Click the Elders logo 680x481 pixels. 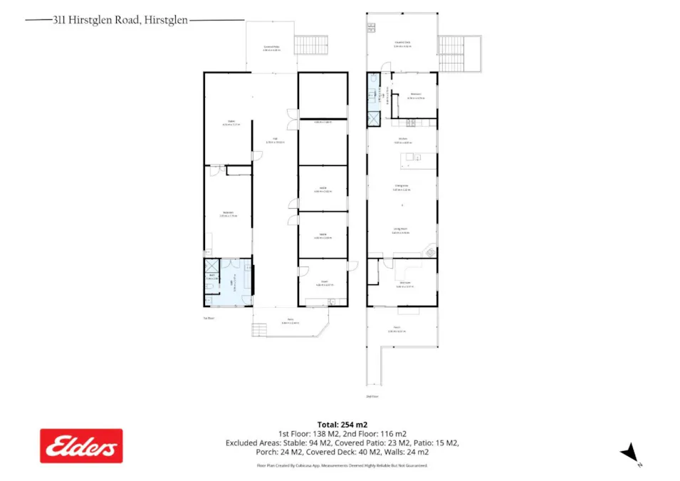click(x=81, y=445)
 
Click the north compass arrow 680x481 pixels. click(x=629, y=452)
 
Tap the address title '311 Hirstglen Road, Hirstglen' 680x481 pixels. click(x=120, y=21)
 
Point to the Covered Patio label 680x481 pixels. click(x=271, y=48)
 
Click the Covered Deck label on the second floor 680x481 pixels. click(x=402, y=43)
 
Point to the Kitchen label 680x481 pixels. click(x=402, y=140)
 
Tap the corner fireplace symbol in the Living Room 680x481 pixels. click(x=429, y=251)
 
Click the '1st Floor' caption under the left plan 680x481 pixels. click(x=209, y=318)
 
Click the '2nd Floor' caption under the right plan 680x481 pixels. click(x=371, y=395)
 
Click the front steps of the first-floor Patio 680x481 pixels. click(x=258, y=330)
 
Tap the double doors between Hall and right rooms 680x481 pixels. click(x=291, y=119)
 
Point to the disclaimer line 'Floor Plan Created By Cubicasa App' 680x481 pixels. click(x=342, y=465)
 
